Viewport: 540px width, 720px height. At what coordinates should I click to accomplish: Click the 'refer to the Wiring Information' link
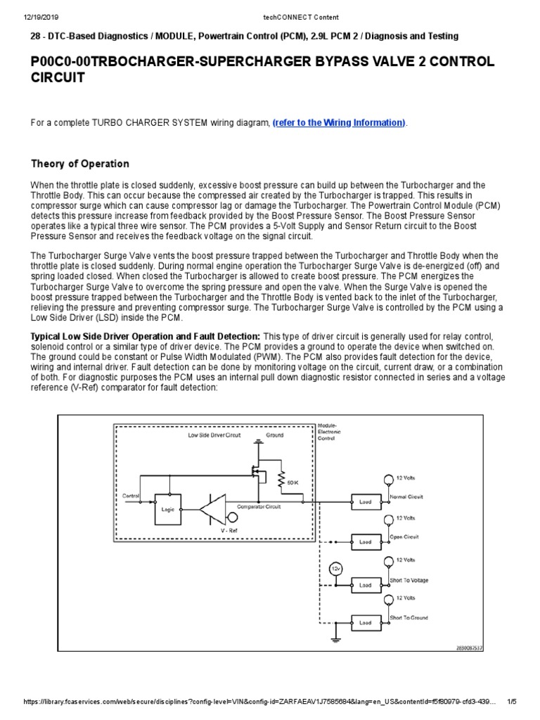[339, 122]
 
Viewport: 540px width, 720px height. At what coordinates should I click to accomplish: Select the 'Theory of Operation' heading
[80, 164]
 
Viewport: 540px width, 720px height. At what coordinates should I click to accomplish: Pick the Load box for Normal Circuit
[366, 502]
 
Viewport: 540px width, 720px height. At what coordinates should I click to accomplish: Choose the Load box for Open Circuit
[366, 542]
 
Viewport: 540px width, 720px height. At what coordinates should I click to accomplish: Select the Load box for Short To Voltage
[366, 584]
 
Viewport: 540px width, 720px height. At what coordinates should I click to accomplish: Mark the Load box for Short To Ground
[366, 622]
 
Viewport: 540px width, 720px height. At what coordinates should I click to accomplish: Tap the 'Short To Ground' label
[409, 618]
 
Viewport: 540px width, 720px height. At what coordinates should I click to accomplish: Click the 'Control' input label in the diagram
[131, 496]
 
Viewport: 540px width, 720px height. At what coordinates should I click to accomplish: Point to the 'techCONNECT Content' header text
[270, 6]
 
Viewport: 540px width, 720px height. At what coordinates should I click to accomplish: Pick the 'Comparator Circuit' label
[258, 506]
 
